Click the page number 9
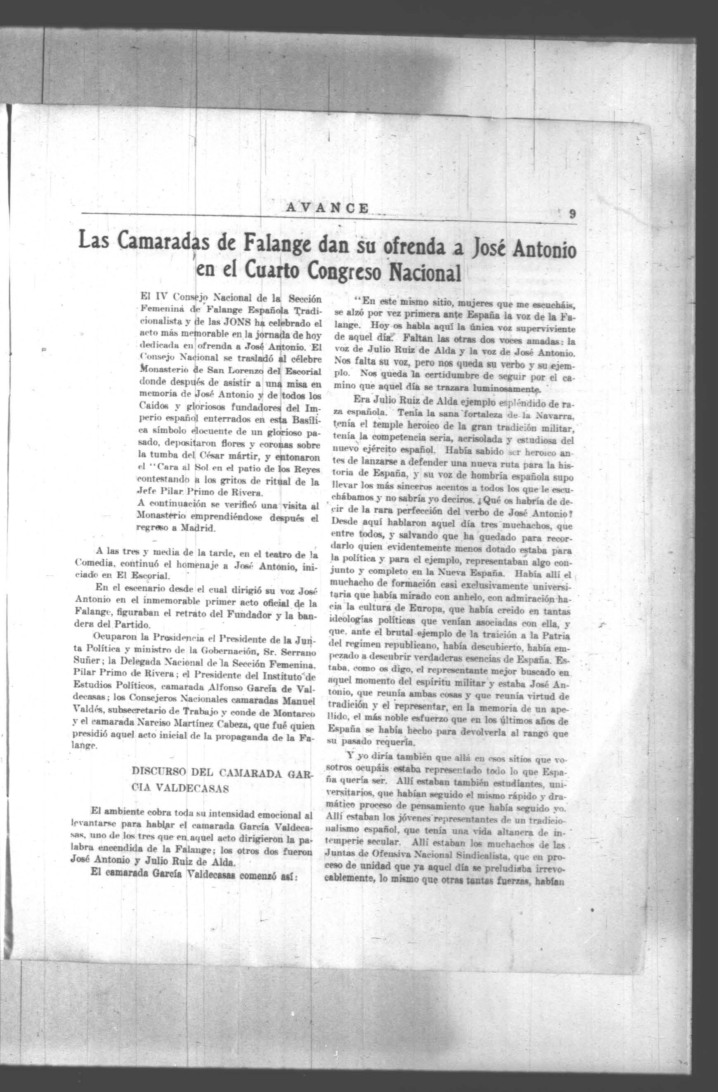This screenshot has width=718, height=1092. coord(572,214)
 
